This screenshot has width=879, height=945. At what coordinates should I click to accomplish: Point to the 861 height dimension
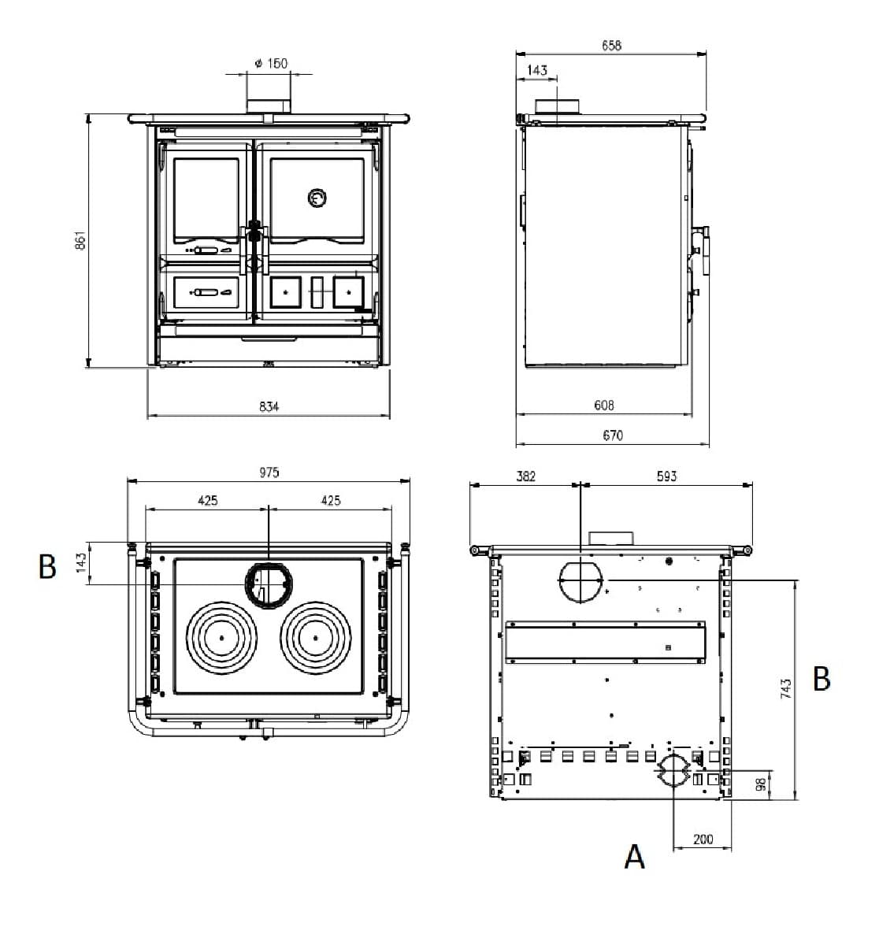pyautogui.click(x=80, y=241)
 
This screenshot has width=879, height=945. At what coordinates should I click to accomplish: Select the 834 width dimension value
pyautogui.click(x=269, y=406)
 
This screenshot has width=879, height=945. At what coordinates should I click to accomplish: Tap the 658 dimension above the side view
pyautogui.click(x=611, y=46)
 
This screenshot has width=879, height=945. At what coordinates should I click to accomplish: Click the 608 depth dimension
pyautogui.click(x=604, y=405)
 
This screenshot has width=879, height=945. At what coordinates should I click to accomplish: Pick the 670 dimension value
pyautogui.click(x=612, y=435)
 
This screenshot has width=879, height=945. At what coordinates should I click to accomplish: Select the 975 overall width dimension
pyautogui.click(x=269, y=472)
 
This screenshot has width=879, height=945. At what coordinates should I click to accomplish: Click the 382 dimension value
pyautogui.click(x=525, y=476)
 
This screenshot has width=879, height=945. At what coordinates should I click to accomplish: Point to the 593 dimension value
pyautogui.click(x=666, y=476)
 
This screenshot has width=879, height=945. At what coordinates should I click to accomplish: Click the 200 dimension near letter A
pyautogui.click(x=703, y=839)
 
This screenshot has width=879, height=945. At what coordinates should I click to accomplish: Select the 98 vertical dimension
pyautogui.click(x=761, y=785)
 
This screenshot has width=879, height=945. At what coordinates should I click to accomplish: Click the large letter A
pyautogui.click(x=635, y=856)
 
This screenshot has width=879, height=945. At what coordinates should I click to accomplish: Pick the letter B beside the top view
pyautogui.click(x=47, y=566)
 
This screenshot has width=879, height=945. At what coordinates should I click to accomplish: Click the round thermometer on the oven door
pyautogui.click(x=317, y=199)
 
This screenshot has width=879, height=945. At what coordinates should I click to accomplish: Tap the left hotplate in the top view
pyautogui.click(x=222, y=637)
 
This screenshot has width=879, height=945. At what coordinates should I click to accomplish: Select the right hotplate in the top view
pyautogui.click(x=315, y=637)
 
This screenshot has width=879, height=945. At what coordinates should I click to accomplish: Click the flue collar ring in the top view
pyautogui.click(x=269, y=585)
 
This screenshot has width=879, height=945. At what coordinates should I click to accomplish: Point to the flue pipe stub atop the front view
pyautogui.click(x=269, y=106)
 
